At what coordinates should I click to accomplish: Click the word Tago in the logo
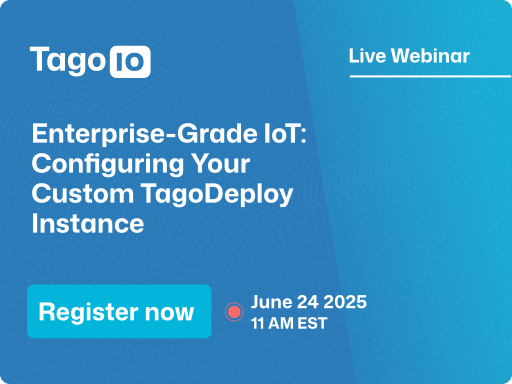click(67, 61)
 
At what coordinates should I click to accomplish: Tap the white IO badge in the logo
click(130, 61)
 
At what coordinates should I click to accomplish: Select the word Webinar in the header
click(430, 56)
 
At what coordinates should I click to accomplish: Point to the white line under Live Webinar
click(430, 76)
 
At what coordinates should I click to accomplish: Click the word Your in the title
click(220, 163)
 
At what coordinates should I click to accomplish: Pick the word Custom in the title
click(83, 193)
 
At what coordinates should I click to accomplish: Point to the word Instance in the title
click(88, 223)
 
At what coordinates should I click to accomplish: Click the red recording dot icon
click(234, 312)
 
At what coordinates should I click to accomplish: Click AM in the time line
click(279, 323)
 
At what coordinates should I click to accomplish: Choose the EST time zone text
click(312, 323)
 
